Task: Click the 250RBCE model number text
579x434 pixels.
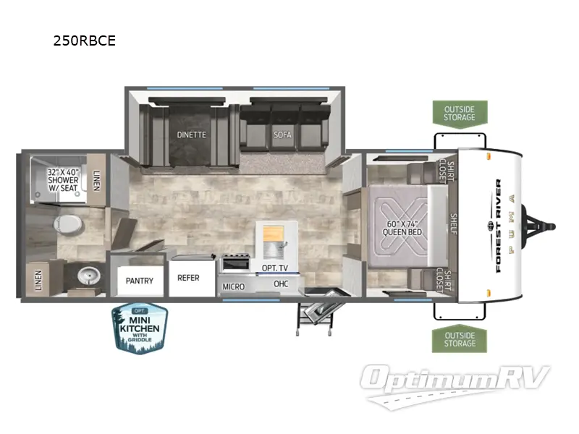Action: pyautogui.click(x=84, y=41)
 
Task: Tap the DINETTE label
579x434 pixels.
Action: pyautogui.click(x=192, y=135)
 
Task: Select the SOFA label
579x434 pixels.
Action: pyautogui.click(x=282, y=135)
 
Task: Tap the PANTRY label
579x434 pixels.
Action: pyautogui.click(x=139, y=281)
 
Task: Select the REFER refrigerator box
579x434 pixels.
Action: pyautogui.click(x=188, y=278)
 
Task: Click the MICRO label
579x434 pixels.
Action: pyautogui.click(x=234, y=286)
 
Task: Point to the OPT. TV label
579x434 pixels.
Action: pyautogui.click(x=274, y=268)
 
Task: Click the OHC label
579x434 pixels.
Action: pyautogui.click(x=281, y=284)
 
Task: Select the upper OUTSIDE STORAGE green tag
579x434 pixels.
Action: pyautogui.click(x=460, y=114)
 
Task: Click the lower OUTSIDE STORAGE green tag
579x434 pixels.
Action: pyautogui.click(x=460, y=339)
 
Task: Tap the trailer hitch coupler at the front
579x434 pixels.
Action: pyautogui.click(x=550, y=226)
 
